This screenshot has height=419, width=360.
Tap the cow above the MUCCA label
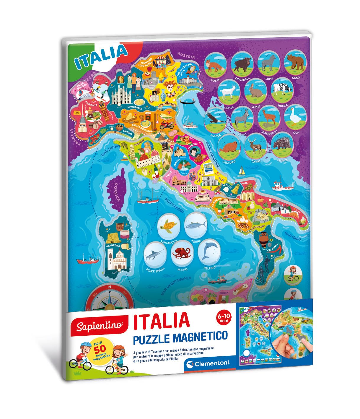[282, 89]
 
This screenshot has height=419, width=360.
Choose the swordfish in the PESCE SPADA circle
[155, 254]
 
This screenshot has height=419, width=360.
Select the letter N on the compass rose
[109, 287]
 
